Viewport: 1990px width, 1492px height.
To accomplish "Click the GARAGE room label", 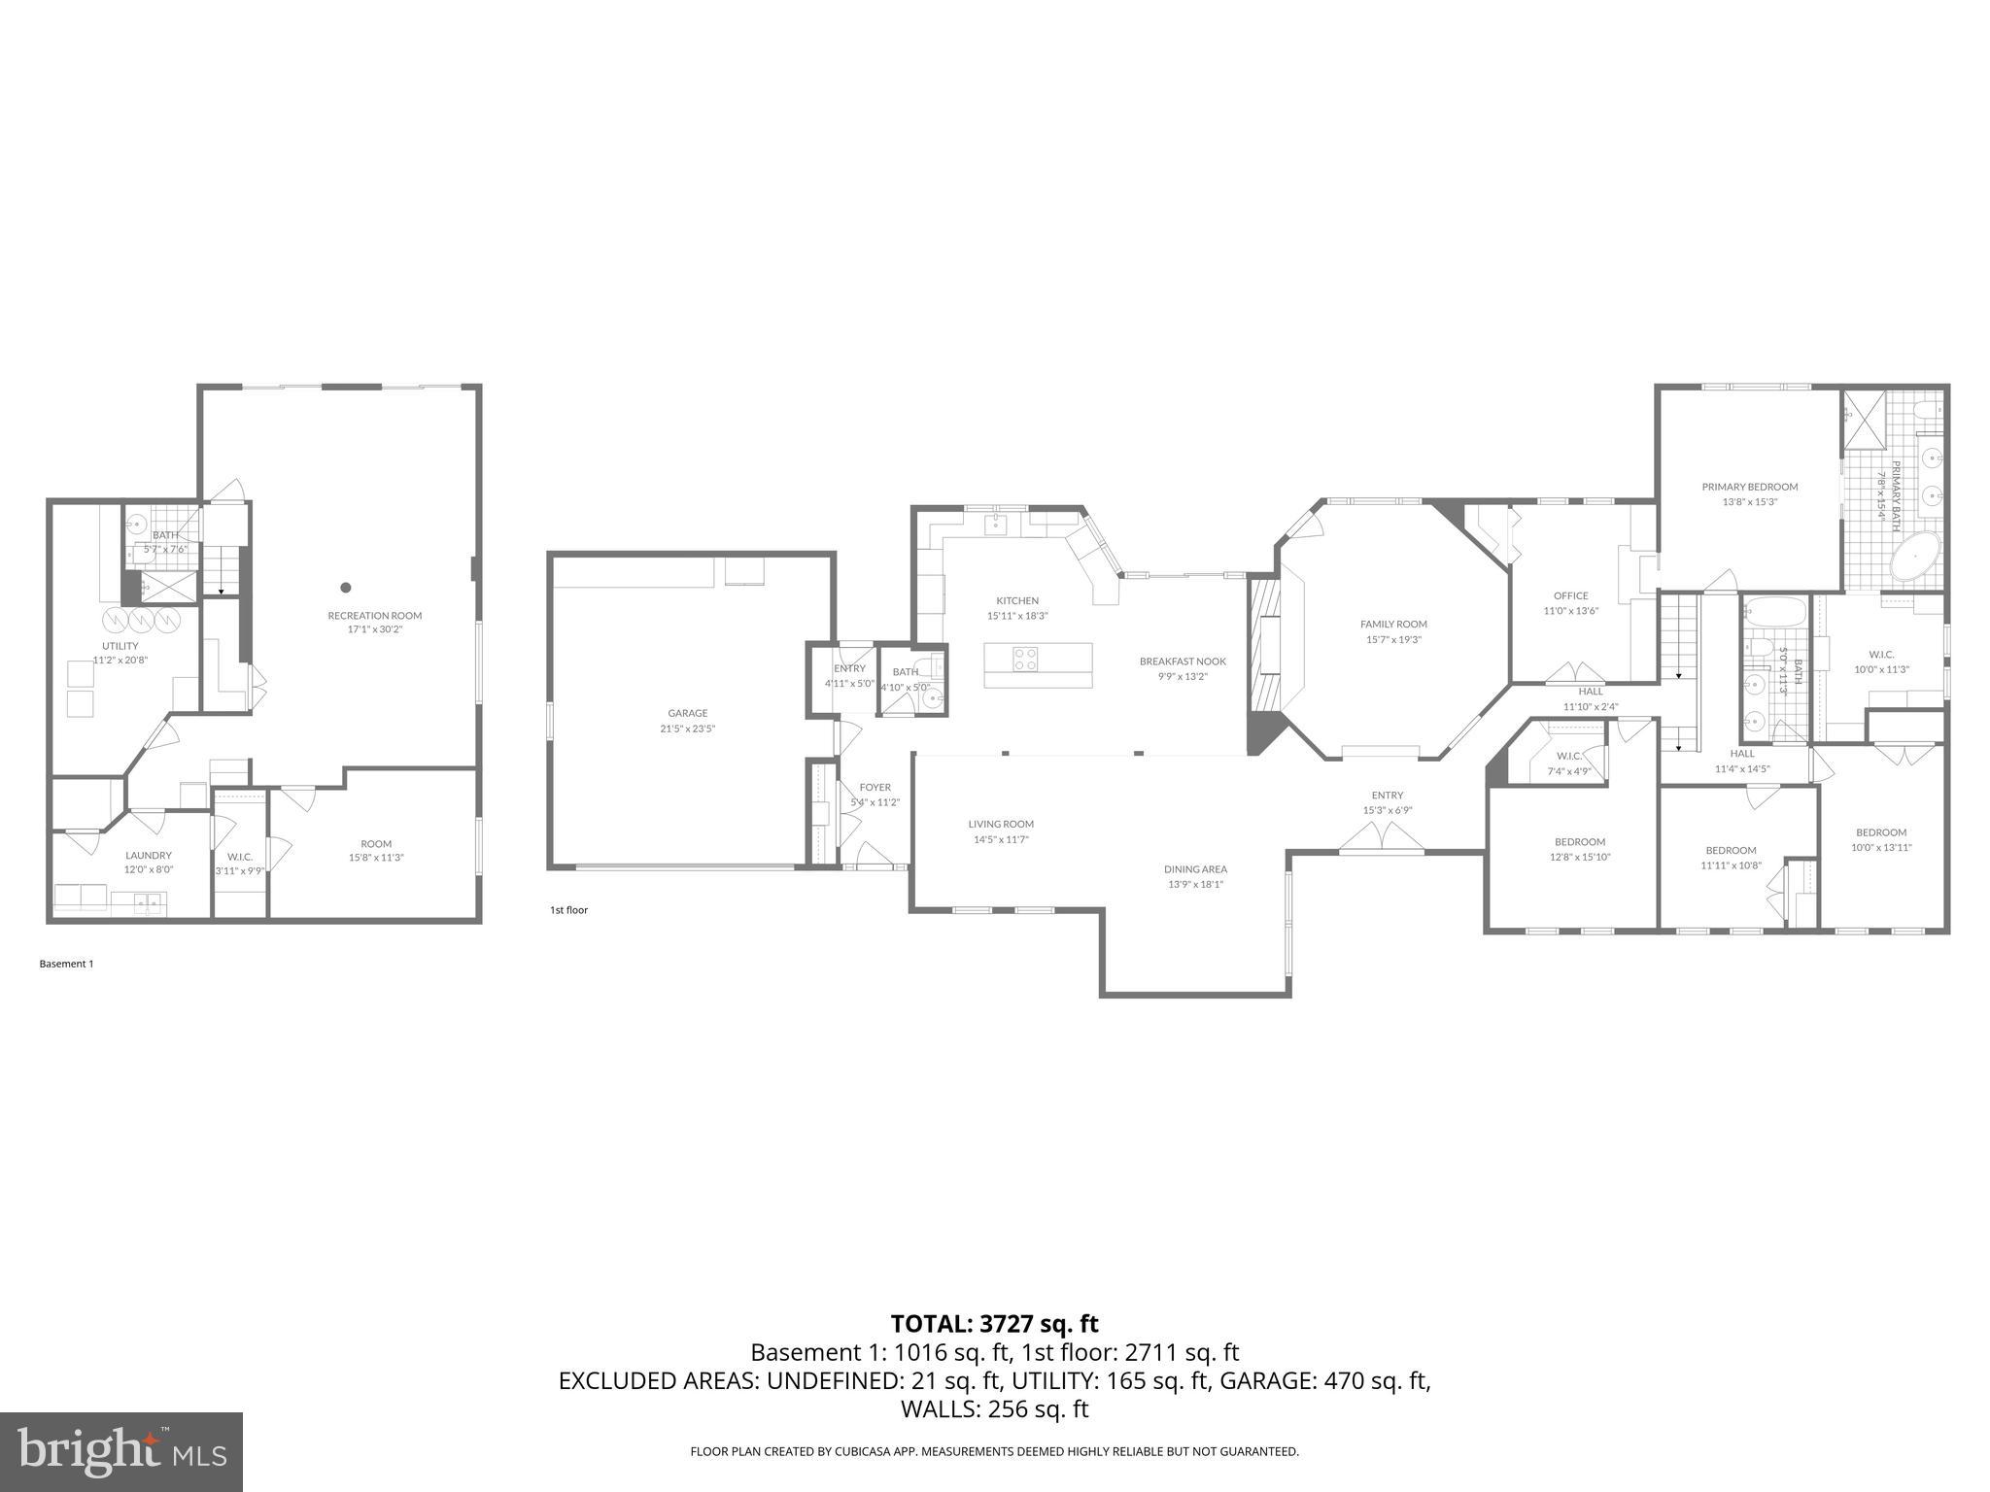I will point(687,713).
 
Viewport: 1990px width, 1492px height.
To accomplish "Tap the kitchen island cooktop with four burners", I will point(1025,660).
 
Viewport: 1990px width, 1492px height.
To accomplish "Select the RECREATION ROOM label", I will point(374,615).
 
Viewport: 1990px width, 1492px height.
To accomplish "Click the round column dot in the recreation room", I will point(345,587).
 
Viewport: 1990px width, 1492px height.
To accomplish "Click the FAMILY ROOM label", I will point(1393,624).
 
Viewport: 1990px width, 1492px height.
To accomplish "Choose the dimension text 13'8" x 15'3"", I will point(1749,502).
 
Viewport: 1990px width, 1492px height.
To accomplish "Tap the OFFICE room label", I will point(1570,595).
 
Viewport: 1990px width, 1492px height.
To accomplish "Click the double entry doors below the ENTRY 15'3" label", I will point(1381,836).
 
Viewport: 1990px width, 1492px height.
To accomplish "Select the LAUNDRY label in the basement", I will point(148,855).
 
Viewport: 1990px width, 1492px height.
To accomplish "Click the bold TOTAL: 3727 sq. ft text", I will point(994,1323).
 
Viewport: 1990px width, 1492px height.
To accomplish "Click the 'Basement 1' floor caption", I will point(66,964).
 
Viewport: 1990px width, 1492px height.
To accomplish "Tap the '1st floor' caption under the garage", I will point(568,910).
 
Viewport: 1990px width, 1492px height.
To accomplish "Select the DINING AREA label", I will point(1195,869).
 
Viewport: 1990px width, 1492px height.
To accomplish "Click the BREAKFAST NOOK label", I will point(1183,661).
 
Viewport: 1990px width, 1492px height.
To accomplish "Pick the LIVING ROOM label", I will point(1000,824).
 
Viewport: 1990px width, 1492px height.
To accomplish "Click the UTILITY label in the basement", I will point(120,646).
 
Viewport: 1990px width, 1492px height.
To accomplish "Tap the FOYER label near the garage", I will point(875,787).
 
